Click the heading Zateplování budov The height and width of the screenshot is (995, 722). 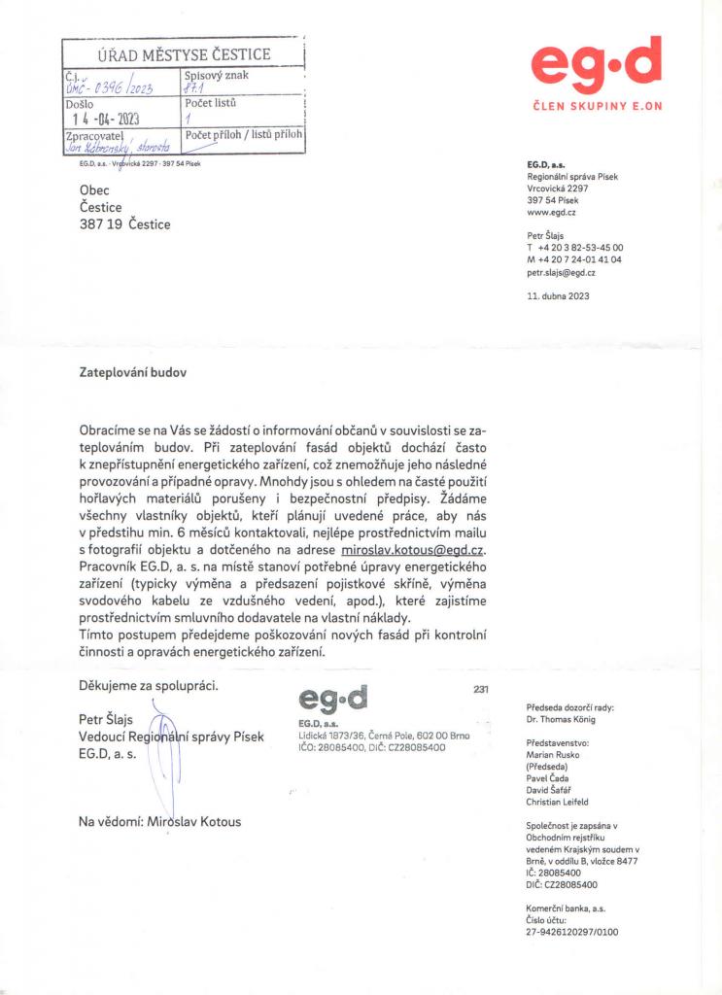131,372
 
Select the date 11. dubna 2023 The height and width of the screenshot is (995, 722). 557,295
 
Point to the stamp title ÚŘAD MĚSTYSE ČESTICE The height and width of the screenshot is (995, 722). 183,54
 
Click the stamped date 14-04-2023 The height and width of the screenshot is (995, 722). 102,120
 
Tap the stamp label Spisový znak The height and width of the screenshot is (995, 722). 216,74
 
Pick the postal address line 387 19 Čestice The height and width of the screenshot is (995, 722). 124,224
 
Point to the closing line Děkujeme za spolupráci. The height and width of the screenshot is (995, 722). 149,686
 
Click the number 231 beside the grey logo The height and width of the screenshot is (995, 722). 480,689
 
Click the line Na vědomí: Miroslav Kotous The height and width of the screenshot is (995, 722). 159,822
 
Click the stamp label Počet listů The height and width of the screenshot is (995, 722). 211,102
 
